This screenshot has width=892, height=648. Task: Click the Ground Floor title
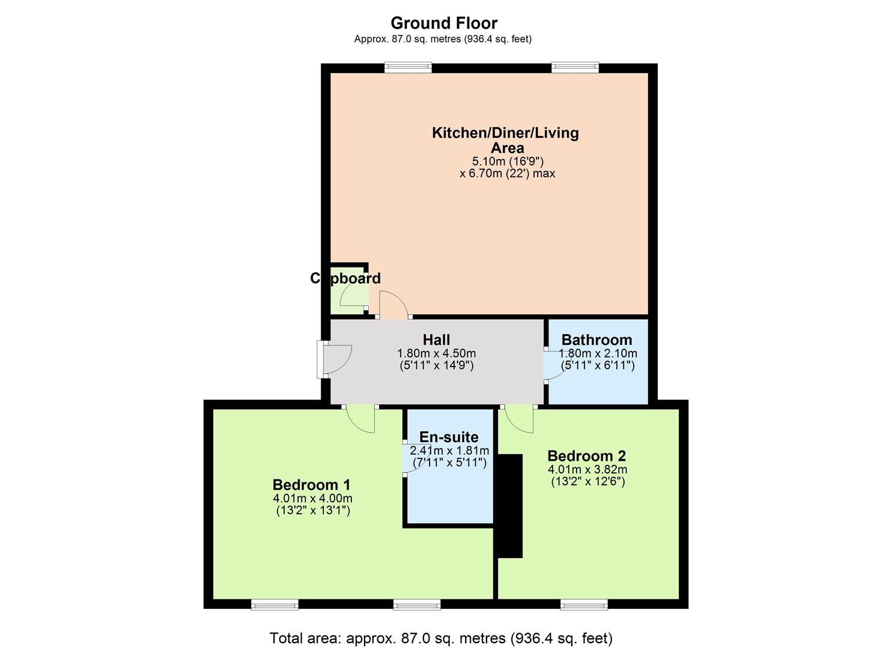(x=444, y=23)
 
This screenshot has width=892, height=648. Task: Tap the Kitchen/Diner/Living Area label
(x=505, y=140)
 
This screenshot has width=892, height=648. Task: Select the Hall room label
(x=436, y=340)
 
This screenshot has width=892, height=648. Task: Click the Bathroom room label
(x=596, y=340)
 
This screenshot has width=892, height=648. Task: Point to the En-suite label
(x=449, y=437)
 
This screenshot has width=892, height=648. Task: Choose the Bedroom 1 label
(x=311, y=485)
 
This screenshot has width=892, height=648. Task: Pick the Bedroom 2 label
(x=586, y=456)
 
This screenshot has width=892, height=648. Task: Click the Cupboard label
(x=345, y=278)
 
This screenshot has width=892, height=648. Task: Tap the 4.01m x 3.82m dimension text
(x=587, y=470)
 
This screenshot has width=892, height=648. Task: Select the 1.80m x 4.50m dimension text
(x=436, y=353)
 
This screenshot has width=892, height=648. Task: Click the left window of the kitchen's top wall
(x=408, y=67)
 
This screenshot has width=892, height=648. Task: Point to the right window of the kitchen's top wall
(x=575, y=67)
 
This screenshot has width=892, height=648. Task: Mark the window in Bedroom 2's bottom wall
(x=584, y=604)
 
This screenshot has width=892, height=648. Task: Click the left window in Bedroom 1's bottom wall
(x=275, y=604)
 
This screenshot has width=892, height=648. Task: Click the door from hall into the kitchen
(x=393, y=305)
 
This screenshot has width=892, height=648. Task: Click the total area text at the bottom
(x=441, y=638)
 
